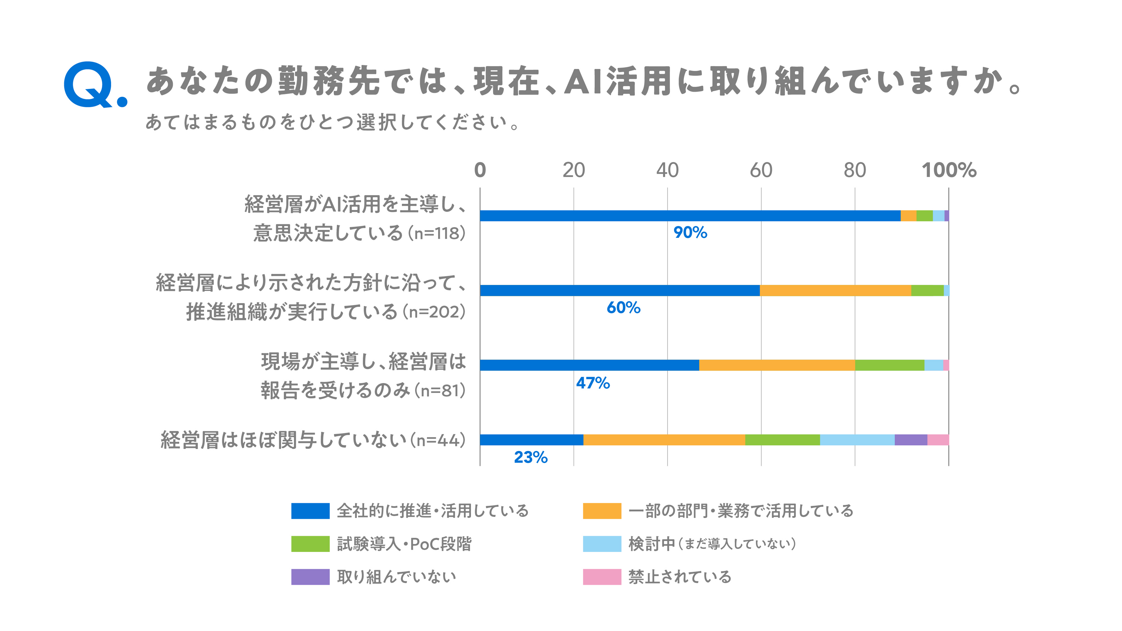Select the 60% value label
coord(623,308)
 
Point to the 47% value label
coord(593,383)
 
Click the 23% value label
coord(531,457)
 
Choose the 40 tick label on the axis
coord(667,170)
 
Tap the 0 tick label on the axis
coord(480,170)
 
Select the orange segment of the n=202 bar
coord(835,290)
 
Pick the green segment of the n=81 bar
coord(890,365)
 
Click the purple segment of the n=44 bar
coord(911,440)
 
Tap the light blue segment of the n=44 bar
coord(857,440)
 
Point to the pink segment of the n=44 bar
coord(938,440)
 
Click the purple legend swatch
coord(310,577)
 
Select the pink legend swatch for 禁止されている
coord(602,577)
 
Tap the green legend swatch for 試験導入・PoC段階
coord(310,544)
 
